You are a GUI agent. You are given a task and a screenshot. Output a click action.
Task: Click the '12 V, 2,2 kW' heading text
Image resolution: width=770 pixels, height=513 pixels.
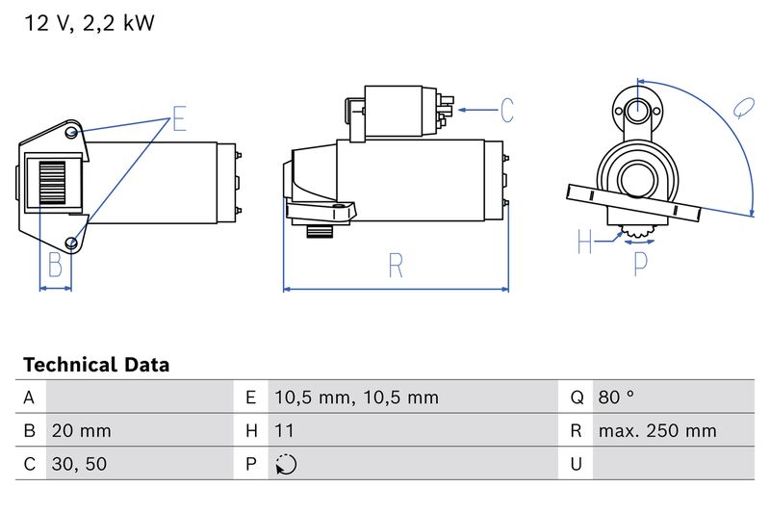89,24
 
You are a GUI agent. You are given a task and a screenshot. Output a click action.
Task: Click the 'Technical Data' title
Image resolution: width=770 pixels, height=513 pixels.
95,365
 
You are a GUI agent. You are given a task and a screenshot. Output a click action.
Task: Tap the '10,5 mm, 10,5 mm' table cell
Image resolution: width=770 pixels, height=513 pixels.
355,397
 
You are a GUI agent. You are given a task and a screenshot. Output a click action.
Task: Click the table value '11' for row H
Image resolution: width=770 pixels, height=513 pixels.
284,430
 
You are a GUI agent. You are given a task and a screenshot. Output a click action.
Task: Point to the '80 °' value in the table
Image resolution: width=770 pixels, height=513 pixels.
616,397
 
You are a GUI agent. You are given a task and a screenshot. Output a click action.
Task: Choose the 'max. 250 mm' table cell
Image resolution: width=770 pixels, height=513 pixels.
656,430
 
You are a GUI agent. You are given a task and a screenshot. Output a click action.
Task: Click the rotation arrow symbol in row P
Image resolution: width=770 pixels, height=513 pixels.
285,464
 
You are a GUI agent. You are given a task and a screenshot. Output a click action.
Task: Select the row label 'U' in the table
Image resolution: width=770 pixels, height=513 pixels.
576,464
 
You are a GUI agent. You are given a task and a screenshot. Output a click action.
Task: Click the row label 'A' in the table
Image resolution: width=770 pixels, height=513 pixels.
29,397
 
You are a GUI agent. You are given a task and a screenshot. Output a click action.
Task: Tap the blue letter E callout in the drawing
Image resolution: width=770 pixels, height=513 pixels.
179,119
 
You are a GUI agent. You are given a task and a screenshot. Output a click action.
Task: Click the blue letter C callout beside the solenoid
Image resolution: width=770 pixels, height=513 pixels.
506,110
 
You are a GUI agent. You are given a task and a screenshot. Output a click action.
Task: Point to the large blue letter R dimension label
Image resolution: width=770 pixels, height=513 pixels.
396,265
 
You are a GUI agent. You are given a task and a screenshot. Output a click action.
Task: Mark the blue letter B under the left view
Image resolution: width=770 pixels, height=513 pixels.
55,265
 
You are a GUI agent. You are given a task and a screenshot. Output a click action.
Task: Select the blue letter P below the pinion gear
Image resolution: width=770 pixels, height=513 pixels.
640,263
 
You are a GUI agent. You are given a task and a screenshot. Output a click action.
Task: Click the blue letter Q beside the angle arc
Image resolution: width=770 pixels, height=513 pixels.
743,107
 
